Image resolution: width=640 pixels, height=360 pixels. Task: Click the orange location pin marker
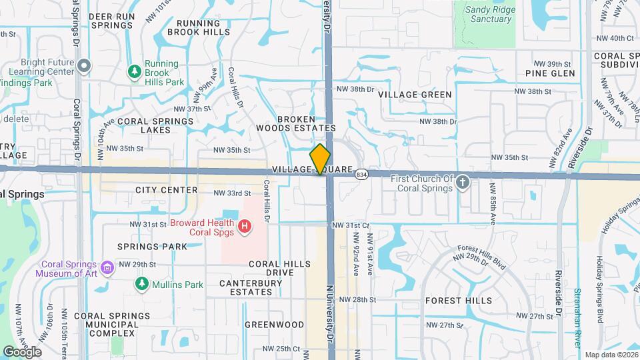tap(320, 159)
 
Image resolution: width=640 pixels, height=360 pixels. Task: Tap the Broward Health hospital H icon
tap(245, 227)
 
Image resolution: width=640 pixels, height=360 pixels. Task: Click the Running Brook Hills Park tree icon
tap(134, 71)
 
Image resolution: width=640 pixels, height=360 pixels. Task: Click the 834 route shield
tap(361, 174)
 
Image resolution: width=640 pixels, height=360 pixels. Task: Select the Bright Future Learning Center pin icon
tap(83, 65)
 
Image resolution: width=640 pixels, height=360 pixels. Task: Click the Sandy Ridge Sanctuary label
tap(489, 14)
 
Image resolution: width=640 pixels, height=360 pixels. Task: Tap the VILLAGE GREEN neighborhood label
tap(415, 95)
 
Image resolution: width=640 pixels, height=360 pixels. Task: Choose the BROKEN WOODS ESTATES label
tap(297, 123)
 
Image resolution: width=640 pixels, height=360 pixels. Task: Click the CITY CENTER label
tap(166, 190)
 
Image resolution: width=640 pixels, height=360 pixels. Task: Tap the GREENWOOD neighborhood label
tap(274, 325)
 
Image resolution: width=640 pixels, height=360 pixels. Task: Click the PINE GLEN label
tap(550, 73)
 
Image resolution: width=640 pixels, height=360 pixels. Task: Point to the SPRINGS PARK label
tap(152, 247)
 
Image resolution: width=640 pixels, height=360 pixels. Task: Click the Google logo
tap(22, 351)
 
